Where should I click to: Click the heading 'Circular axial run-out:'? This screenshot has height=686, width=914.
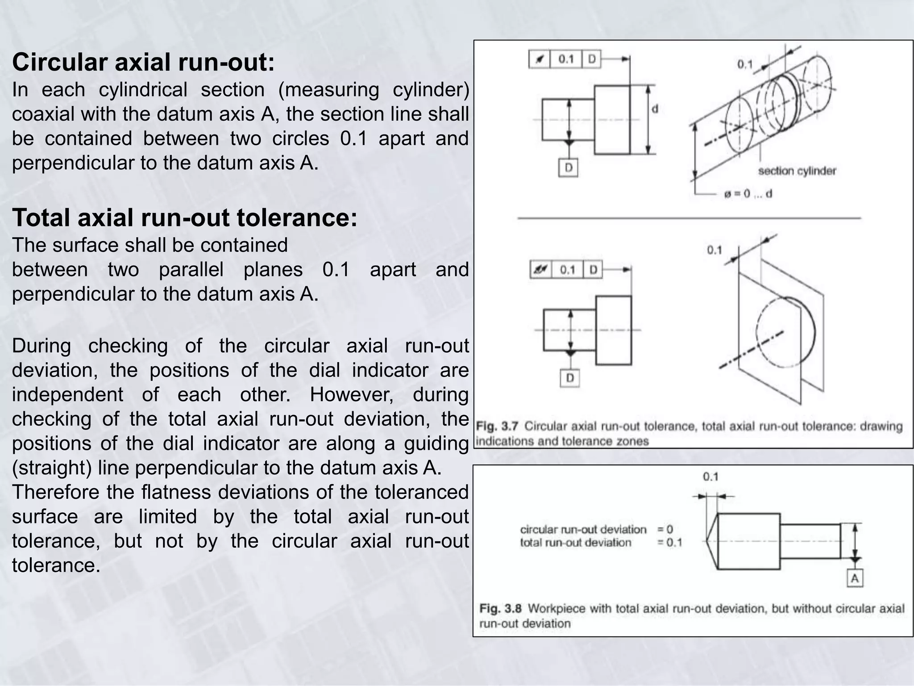click(143, 63)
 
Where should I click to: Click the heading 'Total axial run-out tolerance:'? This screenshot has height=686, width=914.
click(184, 218)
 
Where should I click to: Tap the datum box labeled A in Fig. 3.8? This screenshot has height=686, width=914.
click(854, 579)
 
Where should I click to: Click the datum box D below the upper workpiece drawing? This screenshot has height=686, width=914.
click(568, 168)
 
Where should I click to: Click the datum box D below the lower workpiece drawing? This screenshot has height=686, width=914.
click(570, 378)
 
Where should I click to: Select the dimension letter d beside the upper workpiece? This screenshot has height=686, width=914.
click(655, 109)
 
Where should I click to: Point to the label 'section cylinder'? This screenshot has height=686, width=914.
click(797, 171)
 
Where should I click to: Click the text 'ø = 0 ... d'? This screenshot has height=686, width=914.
click(748, 194)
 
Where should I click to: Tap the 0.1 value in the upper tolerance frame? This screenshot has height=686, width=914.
click(566, 59)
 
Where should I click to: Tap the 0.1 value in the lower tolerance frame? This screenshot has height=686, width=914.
click(567, 270)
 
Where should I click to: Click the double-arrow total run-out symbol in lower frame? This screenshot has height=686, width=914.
click(541, 270)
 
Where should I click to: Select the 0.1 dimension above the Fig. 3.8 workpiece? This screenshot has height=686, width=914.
click(710, 477)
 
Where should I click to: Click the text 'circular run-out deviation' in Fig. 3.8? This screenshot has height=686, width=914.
click(583, 530)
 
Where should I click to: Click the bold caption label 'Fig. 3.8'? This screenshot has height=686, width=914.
click(500, 608)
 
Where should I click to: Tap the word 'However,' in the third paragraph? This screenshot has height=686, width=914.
click(351, 395)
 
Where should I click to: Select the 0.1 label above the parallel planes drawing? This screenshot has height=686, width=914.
click(714, 250)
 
